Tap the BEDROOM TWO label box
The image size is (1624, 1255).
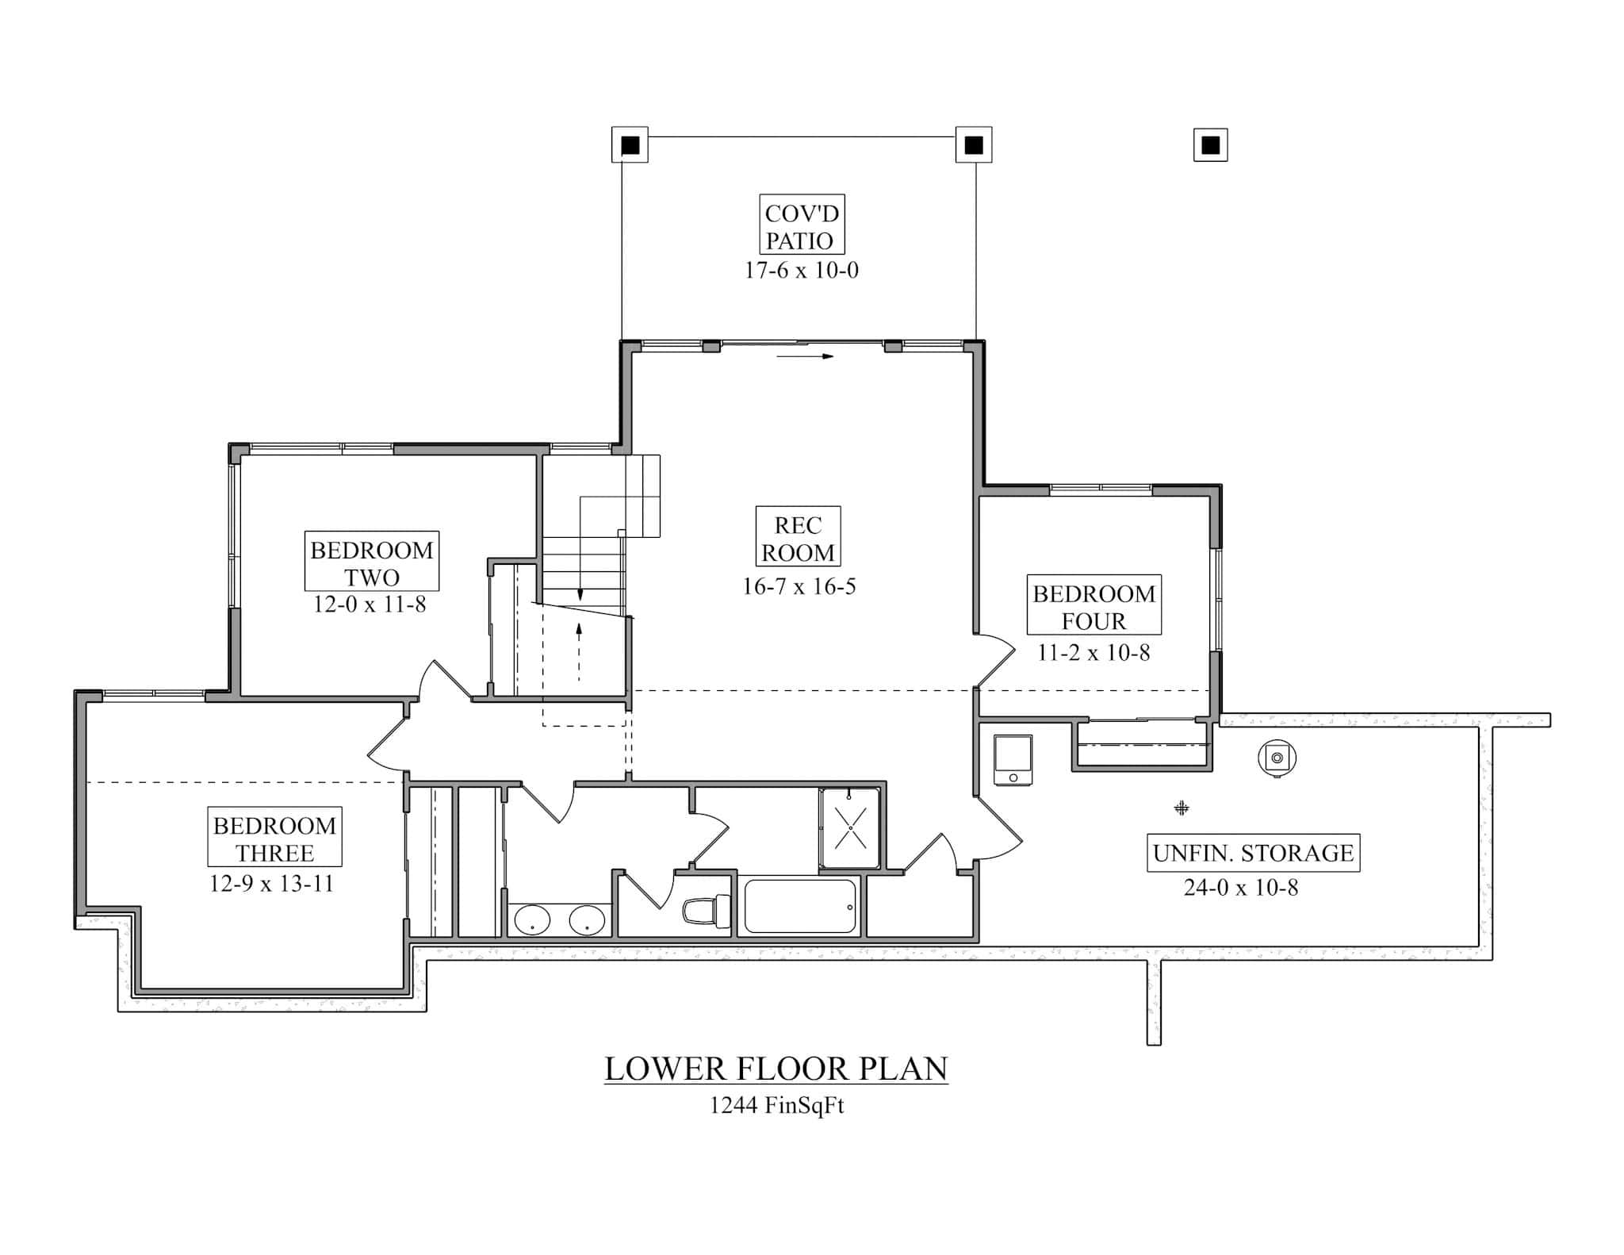(x=371, y=562)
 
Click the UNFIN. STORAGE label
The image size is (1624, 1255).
(x=1253, y=853)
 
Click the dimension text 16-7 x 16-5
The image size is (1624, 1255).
(x=799, y=587)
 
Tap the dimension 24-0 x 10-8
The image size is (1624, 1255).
(x=1241, y=888)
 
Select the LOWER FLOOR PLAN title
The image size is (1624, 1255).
(x=776, y=1069)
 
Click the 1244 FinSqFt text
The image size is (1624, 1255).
(x=776, y=1106)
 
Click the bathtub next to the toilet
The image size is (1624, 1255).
(x=801, y=906)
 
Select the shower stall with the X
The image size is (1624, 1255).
(x=850, y=828)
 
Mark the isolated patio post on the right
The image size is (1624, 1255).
(x=1210, y=145)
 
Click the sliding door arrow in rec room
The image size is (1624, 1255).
(x=805, y=356)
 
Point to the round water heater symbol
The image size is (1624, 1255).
(x=1277, y=758)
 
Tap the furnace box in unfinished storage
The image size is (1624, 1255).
(x=1013, y=759)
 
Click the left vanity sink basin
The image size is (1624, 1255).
(x=532, y=922)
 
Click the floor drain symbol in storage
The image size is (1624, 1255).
(x=1182, y=808)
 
